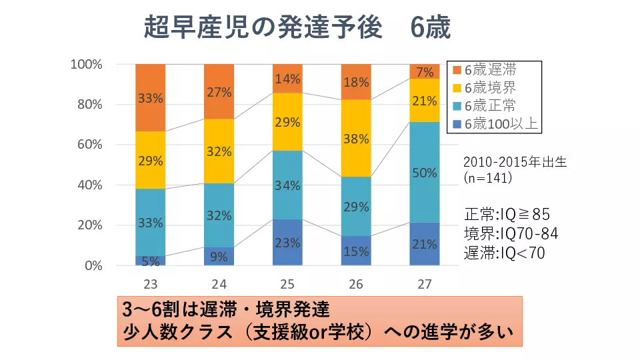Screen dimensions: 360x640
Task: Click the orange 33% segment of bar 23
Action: click(x=151, y=98)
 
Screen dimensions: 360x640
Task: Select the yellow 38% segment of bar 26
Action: click(x=356, y=138)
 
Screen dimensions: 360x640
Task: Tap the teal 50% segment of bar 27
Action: click(x=425, y=172)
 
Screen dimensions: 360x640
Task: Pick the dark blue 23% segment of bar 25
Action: click(x=287, y=242)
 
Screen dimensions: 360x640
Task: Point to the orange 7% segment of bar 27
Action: click(x=425, y=71)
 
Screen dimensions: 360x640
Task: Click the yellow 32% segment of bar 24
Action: click(x=219, y=151)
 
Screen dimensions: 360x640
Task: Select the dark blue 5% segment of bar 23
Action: click(x=151, y=261)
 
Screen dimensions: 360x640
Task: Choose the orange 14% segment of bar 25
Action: click(x=287, y=79)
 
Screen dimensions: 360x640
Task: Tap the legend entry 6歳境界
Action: click(x=490, y=87)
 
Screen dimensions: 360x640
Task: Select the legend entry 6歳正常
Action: click(x=490, y=105)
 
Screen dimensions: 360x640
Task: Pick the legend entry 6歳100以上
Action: click(x=497, y=123)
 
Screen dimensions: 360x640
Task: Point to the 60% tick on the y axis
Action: click(x=89, y=145)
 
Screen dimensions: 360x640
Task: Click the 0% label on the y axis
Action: click(x=93, y=265)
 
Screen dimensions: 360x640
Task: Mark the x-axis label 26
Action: click(x=356, y=284)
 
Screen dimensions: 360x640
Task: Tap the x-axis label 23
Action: click(x=151, y=284)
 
